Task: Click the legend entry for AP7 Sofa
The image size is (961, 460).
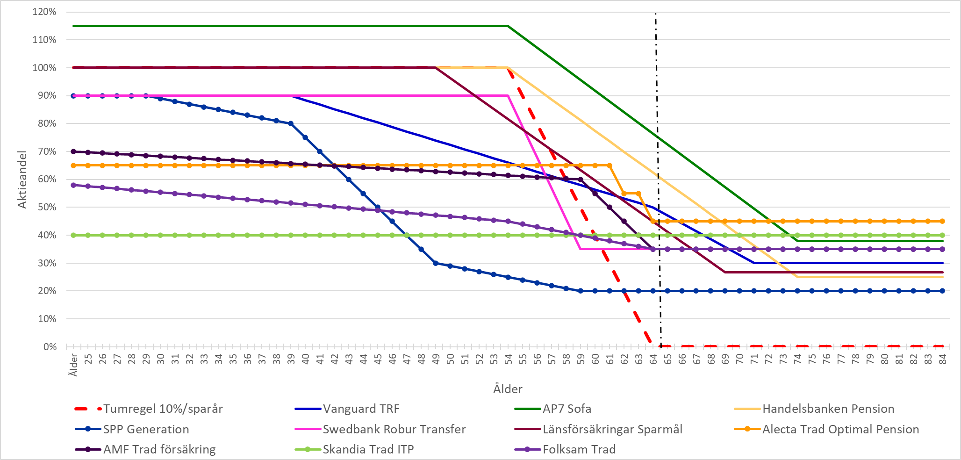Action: [x=567, y=409]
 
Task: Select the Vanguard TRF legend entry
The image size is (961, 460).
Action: [x=361, y=409]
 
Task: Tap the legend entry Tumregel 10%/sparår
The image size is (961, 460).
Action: [x=163, y=409]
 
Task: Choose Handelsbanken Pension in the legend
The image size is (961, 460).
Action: [x=828, y=409]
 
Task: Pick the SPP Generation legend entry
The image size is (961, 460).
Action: [x=146, y=429]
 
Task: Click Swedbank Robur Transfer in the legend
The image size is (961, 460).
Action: [x=394, y=429]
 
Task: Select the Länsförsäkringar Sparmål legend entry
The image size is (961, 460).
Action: [x=612, y=429]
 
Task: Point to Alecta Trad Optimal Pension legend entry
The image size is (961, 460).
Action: [x=840, y=429]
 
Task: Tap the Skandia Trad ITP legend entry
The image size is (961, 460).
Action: [x=368, y=449]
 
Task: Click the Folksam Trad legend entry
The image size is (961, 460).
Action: [x=579, y=449]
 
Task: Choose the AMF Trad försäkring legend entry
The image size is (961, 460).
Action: [x=159, y=449]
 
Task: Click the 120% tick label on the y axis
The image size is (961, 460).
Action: [x=44, y=12]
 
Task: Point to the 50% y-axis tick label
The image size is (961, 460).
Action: [x=47, y=207]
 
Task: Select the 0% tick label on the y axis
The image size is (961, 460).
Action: [x=50, y=347]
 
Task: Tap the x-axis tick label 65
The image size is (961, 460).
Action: [x=668, y=359]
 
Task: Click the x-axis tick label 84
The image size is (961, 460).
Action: [x=943, y=359]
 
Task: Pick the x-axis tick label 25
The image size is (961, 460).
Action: [x=88, y=359]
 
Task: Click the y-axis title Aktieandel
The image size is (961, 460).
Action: [x=22, y=179]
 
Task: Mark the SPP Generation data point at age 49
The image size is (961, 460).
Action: [x=436, y=263]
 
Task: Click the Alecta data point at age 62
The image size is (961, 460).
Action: [x=624, y=194]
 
